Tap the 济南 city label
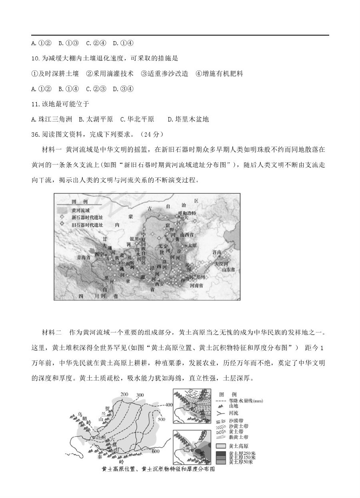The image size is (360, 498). pos(217,252)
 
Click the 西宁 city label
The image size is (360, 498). pos(99,254)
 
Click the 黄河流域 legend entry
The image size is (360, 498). pos(81,210)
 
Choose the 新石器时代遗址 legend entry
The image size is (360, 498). pos(87,217)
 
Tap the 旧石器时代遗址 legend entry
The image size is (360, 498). pos(87,225)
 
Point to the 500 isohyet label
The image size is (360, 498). pos(162,419)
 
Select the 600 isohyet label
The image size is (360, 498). pos(156,451)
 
